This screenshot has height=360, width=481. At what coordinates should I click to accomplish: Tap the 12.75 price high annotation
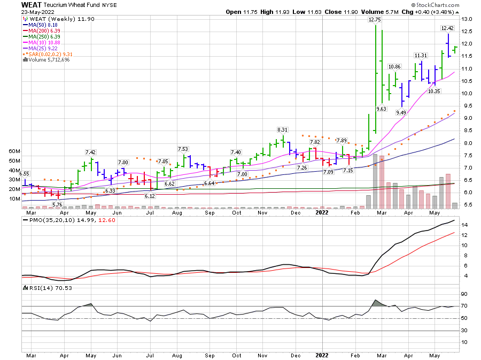375,19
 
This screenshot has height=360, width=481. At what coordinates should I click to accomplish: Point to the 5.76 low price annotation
58,204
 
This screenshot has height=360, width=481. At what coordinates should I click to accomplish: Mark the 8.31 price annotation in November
283,130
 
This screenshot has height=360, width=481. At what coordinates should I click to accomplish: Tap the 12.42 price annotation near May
447,28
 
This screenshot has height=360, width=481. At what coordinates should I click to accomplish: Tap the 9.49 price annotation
401,113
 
